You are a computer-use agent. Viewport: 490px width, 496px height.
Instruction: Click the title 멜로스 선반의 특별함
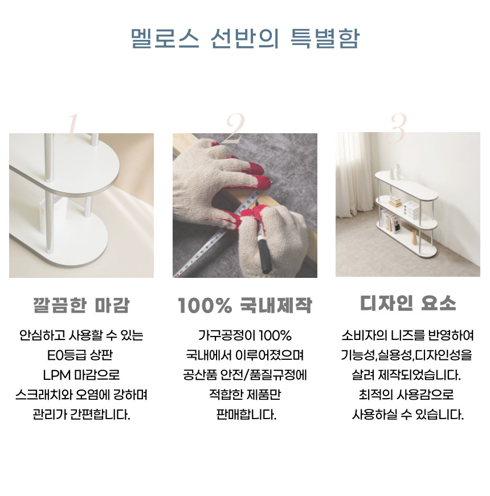tap(245, 38)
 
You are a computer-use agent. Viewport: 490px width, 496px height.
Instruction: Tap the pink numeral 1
tap(72, 128)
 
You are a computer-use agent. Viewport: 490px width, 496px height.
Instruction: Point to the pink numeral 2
tap(235, 128)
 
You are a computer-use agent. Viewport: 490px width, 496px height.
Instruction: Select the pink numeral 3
tap(398, 128)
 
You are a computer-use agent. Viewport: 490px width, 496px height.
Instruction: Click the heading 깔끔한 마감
tap(81, 305)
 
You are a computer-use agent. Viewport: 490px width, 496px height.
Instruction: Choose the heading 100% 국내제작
tap(245, 305)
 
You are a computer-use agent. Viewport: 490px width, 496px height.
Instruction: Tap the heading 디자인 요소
tap(408, 303)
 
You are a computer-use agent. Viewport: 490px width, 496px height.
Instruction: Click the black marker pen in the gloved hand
tap(263, 250)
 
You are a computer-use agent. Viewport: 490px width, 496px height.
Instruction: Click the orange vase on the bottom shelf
tap(414, 237)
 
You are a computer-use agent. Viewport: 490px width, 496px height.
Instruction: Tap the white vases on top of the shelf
tap(395, 172)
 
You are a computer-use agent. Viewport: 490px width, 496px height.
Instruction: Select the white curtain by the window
tap(354, 175)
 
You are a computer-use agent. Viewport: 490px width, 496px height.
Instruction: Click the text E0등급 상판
tap(80, 355)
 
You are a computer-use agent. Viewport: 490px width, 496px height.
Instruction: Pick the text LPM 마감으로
tap(81, 375)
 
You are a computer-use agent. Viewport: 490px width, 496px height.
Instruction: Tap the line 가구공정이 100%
tap(245, 335)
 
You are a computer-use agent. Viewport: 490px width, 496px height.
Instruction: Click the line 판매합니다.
tap(246, 415)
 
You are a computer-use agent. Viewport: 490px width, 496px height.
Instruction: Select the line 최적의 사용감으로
tap(406, 395)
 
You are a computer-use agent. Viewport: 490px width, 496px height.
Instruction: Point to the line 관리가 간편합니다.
tap(81, 415)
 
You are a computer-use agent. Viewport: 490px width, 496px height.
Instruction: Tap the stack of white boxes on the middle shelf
tap(411, 210)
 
